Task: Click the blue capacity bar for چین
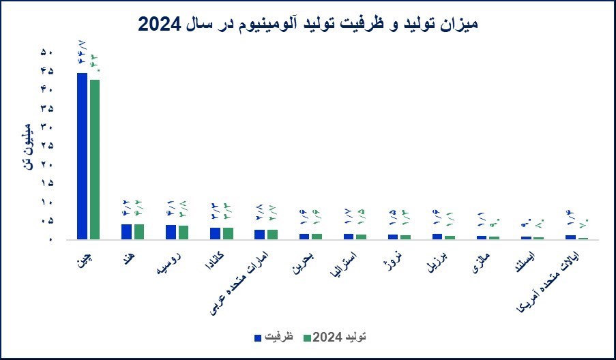pyautogui.click(x=82, y=156)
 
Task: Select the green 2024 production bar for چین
pyautogui.click(x=95, y=160)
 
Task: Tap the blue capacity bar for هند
pyautogui.click(x=126, y=232)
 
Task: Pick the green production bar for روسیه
pyautogui.click(x=184, y=232)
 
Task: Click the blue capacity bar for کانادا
pyautogui.click(x=215, y=233)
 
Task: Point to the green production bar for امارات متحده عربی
pyautogui.click(x=272, y=235)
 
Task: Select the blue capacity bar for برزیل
pyautogui.click(x=437, y=237)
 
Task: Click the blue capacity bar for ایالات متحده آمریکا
pyautogui.click(x=570, y=237)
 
